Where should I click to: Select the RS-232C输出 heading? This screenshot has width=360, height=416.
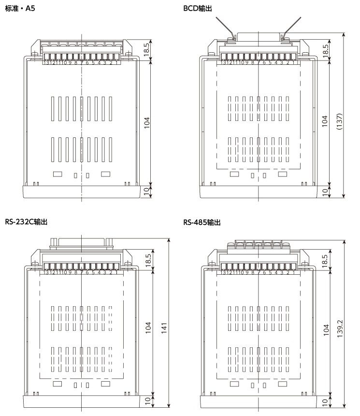(26, 222)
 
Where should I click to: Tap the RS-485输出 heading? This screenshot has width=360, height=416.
(202, 223)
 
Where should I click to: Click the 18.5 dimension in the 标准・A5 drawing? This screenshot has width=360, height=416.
(147, 50)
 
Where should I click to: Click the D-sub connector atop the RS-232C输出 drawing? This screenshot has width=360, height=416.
(81, 244)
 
